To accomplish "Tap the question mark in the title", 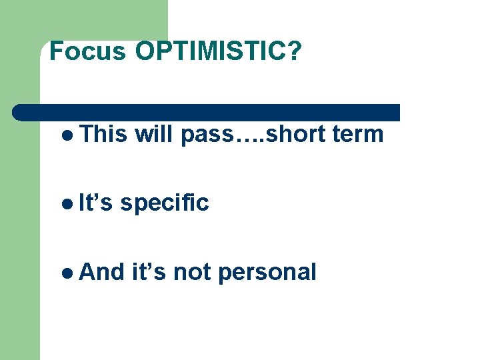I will [294, 51].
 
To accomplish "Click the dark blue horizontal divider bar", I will [207, 113].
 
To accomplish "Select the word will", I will [154, 134].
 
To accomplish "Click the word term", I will [358, 135].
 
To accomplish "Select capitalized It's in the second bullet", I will [95, 203].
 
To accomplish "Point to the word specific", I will [165, 203].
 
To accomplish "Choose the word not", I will [193, 273].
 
